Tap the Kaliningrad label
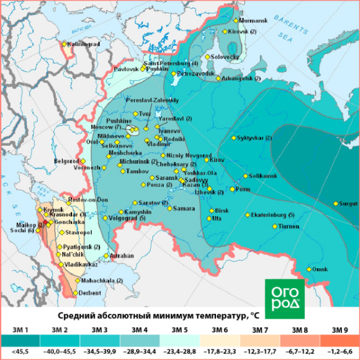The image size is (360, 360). (x=83, y=44)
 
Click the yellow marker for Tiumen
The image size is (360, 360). (x=274, y=226)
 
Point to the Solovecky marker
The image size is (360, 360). (x=208, y=56)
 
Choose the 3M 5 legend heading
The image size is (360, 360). (x=179, y=330)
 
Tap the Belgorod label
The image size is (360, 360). (x=66, y=161)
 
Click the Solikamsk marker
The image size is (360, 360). (x=244, y=176)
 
